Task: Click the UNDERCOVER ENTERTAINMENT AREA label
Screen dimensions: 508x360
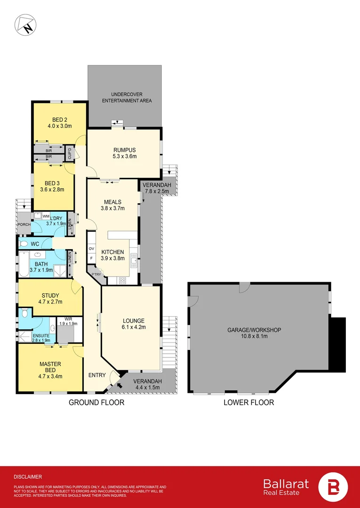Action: pyautogui.click(x=125, y=97)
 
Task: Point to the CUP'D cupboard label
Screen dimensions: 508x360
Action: pyautogui.click(x=69, y=152)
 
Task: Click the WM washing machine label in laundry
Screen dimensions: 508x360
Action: pyautogui.click(x=46, y=216)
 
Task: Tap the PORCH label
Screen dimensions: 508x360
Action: pyautogui.click(x=24, y=224)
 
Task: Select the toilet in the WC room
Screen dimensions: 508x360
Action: pyautogui.click(x=24, y=244)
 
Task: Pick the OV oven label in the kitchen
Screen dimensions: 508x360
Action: pyautogui.click(x=91, y=248)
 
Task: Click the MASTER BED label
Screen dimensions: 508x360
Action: pyautogui.click(x=50, y=367)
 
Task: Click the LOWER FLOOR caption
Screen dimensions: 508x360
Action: pyautogui.click(x=248, y=402)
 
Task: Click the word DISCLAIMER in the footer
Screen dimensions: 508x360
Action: pyautogui.click(x=28, y=476)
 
